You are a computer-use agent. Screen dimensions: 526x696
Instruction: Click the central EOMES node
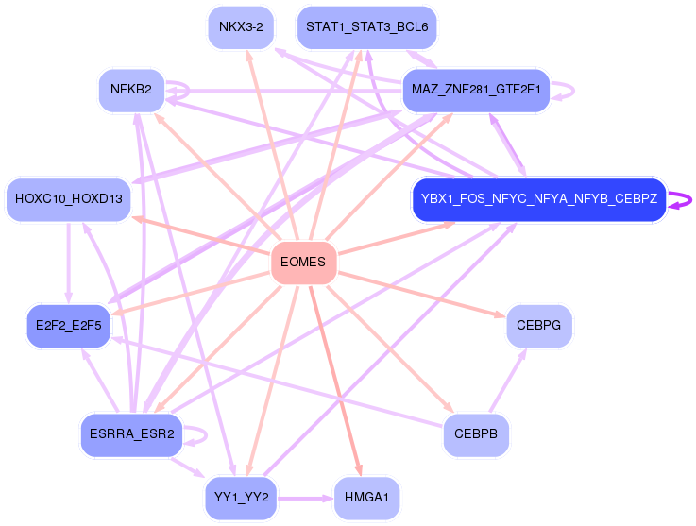point(303,263)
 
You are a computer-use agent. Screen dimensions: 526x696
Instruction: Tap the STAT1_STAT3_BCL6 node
point(366,26)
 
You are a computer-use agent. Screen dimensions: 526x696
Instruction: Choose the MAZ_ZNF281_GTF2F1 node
point(476,90)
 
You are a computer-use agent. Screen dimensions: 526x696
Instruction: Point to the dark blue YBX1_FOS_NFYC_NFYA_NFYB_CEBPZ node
point(539,199)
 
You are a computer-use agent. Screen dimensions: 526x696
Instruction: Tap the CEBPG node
point(539,326)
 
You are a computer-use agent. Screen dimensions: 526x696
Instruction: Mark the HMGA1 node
point(366,498)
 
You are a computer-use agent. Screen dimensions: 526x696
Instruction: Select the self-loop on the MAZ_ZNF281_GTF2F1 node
point(568,90)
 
